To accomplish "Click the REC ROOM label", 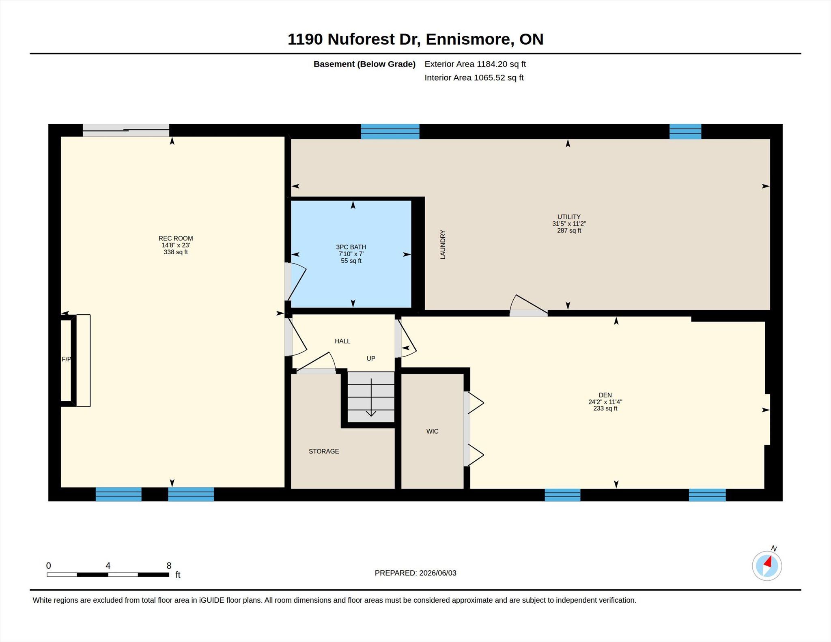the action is pos(176,238).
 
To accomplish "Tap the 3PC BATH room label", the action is pos(351,247).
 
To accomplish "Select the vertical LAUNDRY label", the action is pos(443,245).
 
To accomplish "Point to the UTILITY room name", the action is pos(569,217).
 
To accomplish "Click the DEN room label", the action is pos(605,395).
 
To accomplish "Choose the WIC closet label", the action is pos(432,432).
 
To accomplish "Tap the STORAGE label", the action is pos(324,451).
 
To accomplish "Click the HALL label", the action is pos(342,341).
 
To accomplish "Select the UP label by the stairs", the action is pos(371,359).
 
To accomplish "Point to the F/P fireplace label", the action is pos(66,359).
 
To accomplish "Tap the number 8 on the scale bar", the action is pos(169,565).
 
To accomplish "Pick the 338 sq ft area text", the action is pos(176,252).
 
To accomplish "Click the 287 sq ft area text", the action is pos(569,231).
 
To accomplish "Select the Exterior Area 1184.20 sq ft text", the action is pos(475,64).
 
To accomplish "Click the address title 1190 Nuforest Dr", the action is pos(353,39).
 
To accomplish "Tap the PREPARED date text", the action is pos(415,573).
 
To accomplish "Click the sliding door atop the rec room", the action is pos(126,130).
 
